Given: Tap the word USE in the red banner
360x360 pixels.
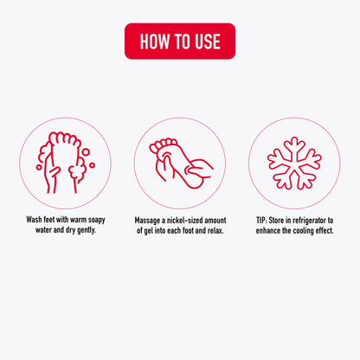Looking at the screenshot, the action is pyautogui.click(x=208, y=42).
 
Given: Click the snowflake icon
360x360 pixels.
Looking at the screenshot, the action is pyautogui.click(x=294, y=164).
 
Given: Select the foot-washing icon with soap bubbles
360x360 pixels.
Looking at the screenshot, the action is pyautogui.click(x=65, y=163).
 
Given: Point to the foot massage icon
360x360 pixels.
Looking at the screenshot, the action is pyautogui.click(x=181, y=164).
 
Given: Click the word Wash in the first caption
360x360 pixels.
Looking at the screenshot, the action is pyautogui.click(x=34, y=220).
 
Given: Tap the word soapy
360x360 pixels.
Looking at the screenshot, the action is pyautogui.click(x=96, y=220).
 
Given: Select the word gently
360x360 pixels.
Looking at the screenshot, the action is pyautogui.click(x=87, y=230).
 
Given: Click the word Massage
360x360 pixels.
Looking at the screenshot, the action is pyautogui.click(x=147, y=221).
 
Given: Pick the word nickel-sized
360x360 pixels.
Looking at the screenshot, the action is pyautogui.click(x=185, y=221).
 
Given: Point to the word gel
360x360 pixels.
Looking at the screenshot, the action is pyautogui.click(x=149, y=231).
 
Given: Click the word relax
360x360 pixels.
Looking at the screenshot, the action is pyautogui.click(x=215, y=231).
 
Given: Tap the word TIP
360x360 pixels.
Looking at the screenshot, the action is pyautogui.click(x=261, y=221).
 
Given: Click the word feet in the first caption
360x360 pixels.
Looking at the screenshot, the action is pyautogui.click(x=49, y=220).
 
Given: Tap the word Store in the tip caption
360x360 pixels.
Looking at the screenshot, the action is pyautogui.click(x=276, y=221).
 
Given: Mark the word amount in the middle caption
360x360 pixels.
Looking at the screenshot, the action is pyautogui.click(x=215, y=221).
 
